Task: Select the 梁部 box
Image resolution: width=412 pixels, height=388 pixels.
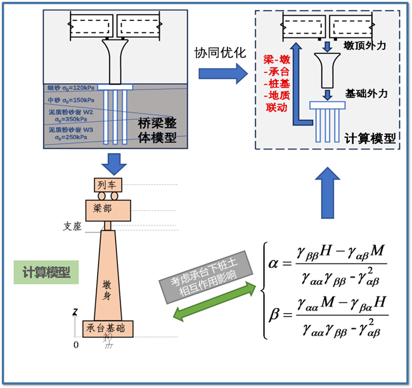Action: (x=108, y=208)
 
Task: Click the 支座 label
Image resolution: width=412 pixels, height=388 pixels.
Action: (x=72, y=225)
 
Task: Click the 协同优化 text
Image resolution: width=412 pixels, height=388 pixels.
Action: (x=220, y=53)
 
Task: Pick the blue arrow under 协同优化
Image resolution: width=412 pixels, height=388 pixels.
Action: (x=222, y=74)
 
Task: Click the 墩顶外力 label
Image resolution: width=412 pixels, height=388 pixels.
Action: (x=364, y=46)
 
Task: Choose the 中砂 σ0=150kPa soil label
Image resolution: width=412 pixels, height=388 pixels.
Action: (x=70, y=100)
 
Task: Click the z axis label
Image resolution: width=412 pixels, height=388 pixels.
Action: (x=75, y=311)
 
